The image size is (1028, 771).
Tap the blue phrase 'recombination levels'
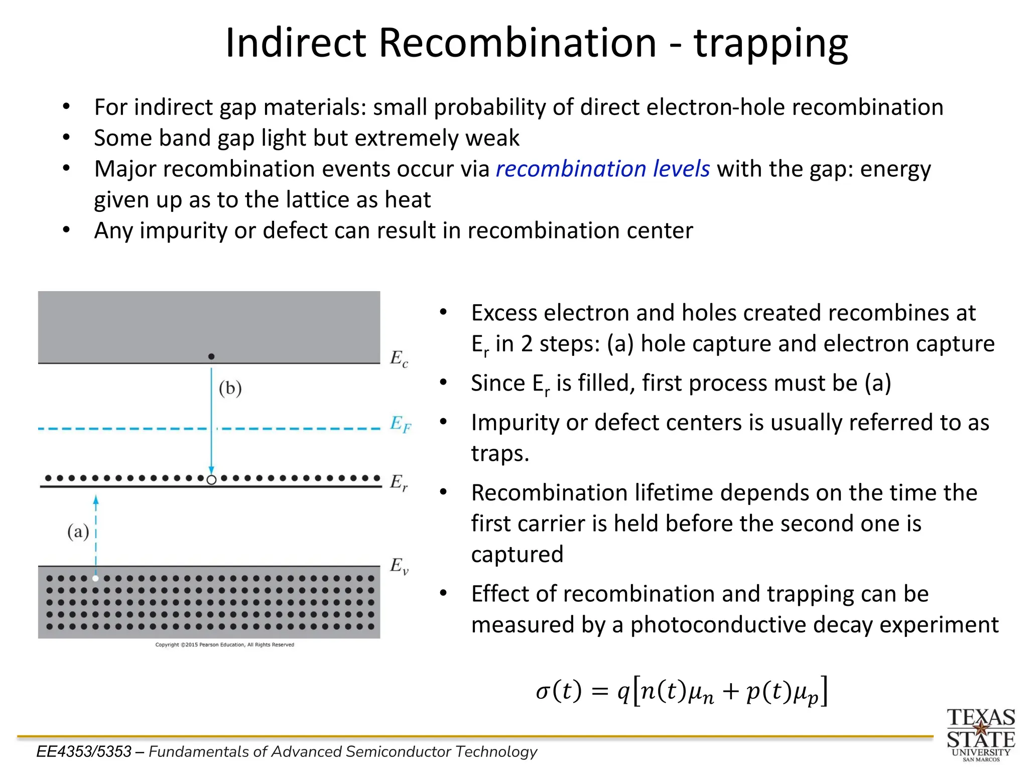pyautogui.click(x=602, y=169)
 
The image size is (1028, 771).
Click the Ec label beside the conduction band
pyautogui.click(x=399, y=358)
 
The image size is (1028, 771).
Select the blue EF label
pyautogui.click(x=400, y=424)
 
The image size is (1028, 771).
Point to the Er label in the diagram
pyautogui.click(x=399, y=482)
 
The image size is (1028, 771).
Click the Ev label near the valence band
pyautogui.click(x=399, y=566)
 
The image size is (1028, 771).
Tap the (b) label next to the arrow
pyautogui.click(x=230, y=388)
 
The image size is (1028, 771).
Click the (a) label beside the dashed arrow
pyautogui.click(x=78, y=531)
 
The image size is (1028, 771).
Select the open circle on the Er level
pyautogui.click(x=212, y=479)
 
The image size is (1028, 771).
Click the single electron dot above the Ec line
pyautogui.click(x=211, y=356)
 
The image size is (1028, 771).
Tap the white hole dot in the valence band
pyautogui.click(x=96, y=578)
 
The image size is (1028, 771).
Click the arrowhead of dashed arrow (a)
pyautogui.click(x=96, y=500)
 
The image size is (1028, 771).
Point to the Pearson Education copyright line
pyautogui.click(x=224, y=645)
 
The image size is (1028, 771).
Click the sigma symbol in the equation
pyautogui.click(x=543, y=692)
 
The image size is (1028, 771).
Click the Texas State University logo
pyautogui.click(x=980, y=734)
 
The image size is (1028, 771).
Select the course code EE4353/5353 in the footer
pyautogui.click(x=84, y=751)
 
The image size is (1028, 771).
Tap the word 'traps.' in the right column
pyautogui.click(x=500, y=453)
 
